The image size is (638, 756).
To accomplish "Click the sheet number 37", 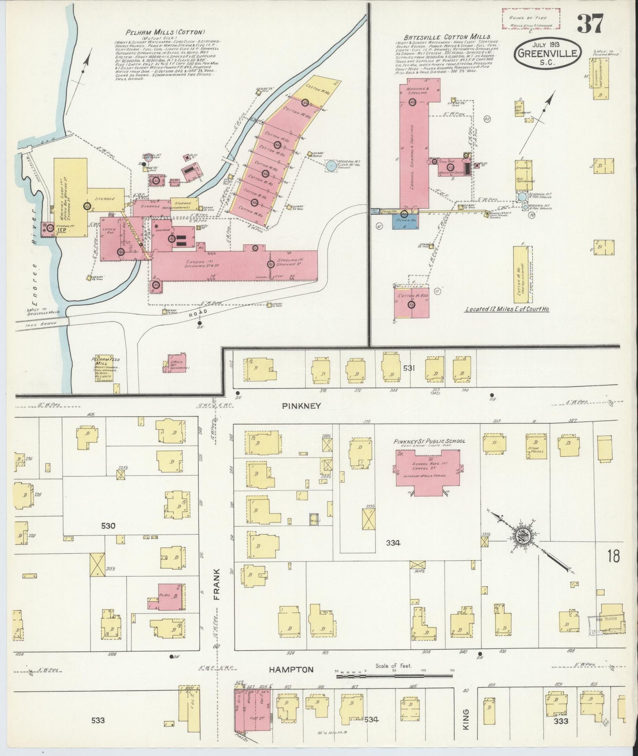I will pyautogui.click(x=589, y=24).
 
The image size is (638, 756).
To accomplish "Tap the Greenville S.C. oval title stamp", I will pyautogui.click(x=547, y=53).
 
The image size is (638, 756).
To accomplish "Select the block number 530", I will pyautogui.click(x=108, y=526).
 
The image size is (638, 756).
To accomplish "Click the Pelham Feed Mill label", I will pyautogui.click(x=106, y=363).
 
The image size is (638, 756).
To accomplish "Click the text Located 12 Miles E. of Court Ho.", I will pyautogui.click(x=507, y=309).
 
